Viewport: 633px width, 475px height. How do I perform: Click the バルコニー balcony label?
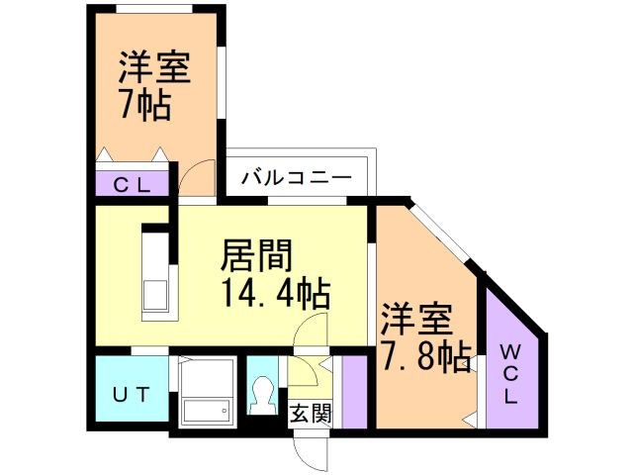(296, 178)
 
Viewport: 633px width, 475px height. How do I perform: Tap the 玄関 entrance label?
(311, 413)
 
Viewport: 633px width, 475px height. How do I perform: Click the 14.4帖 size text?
(274, 294)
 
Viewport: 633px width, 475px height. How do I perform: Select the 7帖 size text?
(143, 103)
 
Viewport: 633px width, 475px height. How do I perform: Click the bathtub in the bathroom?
(207, 410)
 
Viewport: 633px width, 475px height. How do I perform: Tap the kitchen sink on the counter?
(156, 295)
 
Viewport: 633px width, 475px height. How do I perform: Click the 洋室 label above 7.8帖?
(415, 319)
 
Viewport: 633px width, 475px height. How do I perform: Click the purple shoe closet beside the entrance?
(354, 390)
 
